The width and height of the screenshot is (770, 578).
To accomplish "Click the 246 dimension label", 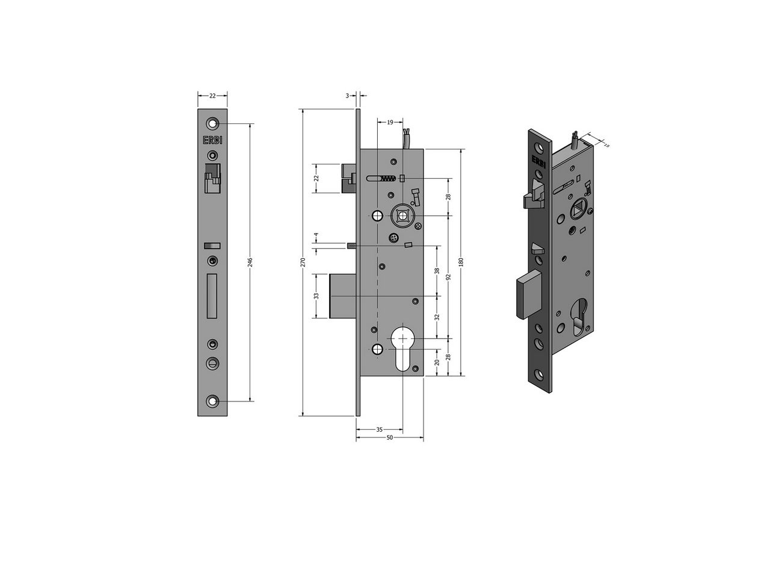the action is coord(250,262).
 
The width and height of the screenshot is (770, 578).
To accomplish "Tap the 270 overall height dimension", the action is coord(303,262).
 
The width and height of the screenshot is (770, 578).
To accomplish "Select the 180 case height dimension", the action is coord(461,262).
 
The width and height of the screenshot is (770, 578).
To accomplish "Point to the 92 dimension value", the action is coord(448,277).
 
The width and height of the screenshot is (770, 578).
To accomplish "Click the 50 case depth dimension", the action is coord(389,438).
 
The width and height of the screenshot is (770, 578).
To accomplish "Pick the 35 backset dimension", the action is coord(379,429).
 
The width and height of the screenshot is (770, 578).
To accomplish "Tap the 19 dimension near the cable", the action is coord(390,122).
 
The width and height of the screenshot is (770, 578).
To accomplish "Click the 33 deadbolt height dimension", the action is coord(316,296).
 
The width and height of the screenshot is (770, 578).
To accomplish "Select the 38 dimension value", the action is coord(437,270).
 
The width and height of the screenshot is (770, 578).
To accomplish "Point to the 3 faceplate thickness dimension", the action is coord(347,96).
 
